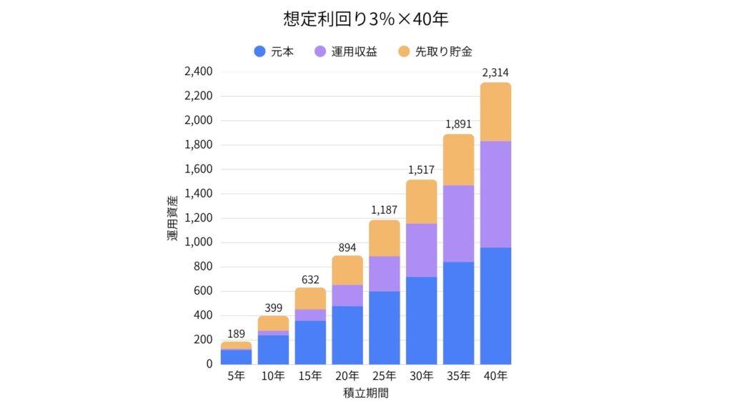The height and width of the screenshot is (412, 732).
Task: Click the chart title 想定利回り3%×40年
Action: point(365,19)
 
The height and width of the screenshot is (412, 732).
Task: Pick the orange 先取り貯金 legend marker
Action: point(403,51)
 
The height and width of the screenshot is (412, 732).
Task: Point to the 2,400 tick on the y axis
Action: point(198,72)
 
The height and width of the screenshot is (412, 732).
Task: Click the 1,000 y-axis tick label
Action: point(198,242)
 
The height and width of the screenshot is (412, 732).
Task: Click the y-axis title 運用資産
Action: point(174,218)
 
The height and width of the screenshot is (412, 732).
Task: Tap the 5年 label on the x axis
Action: point(236,376)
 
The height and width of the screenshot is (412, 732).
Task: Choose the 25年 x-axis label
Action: point(385,376)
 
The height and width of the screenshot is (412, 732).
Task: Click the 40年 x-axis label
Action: point(495,376)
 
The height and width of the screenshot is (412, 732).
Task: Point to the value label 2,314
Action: point(495,72)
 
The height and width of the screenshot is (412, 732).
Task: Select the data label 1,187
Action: point(385,210)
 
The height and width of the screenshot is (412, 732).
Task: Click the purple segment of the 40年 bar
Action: point(495,194)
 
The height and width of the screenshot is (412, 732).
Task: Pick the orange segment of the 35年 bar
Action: point(458,160)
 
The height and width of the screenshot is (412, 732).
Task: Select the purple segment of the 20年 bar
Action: point(347,295)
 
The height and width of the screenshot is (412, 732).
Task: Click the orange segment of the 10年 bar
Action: point(273,323)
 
